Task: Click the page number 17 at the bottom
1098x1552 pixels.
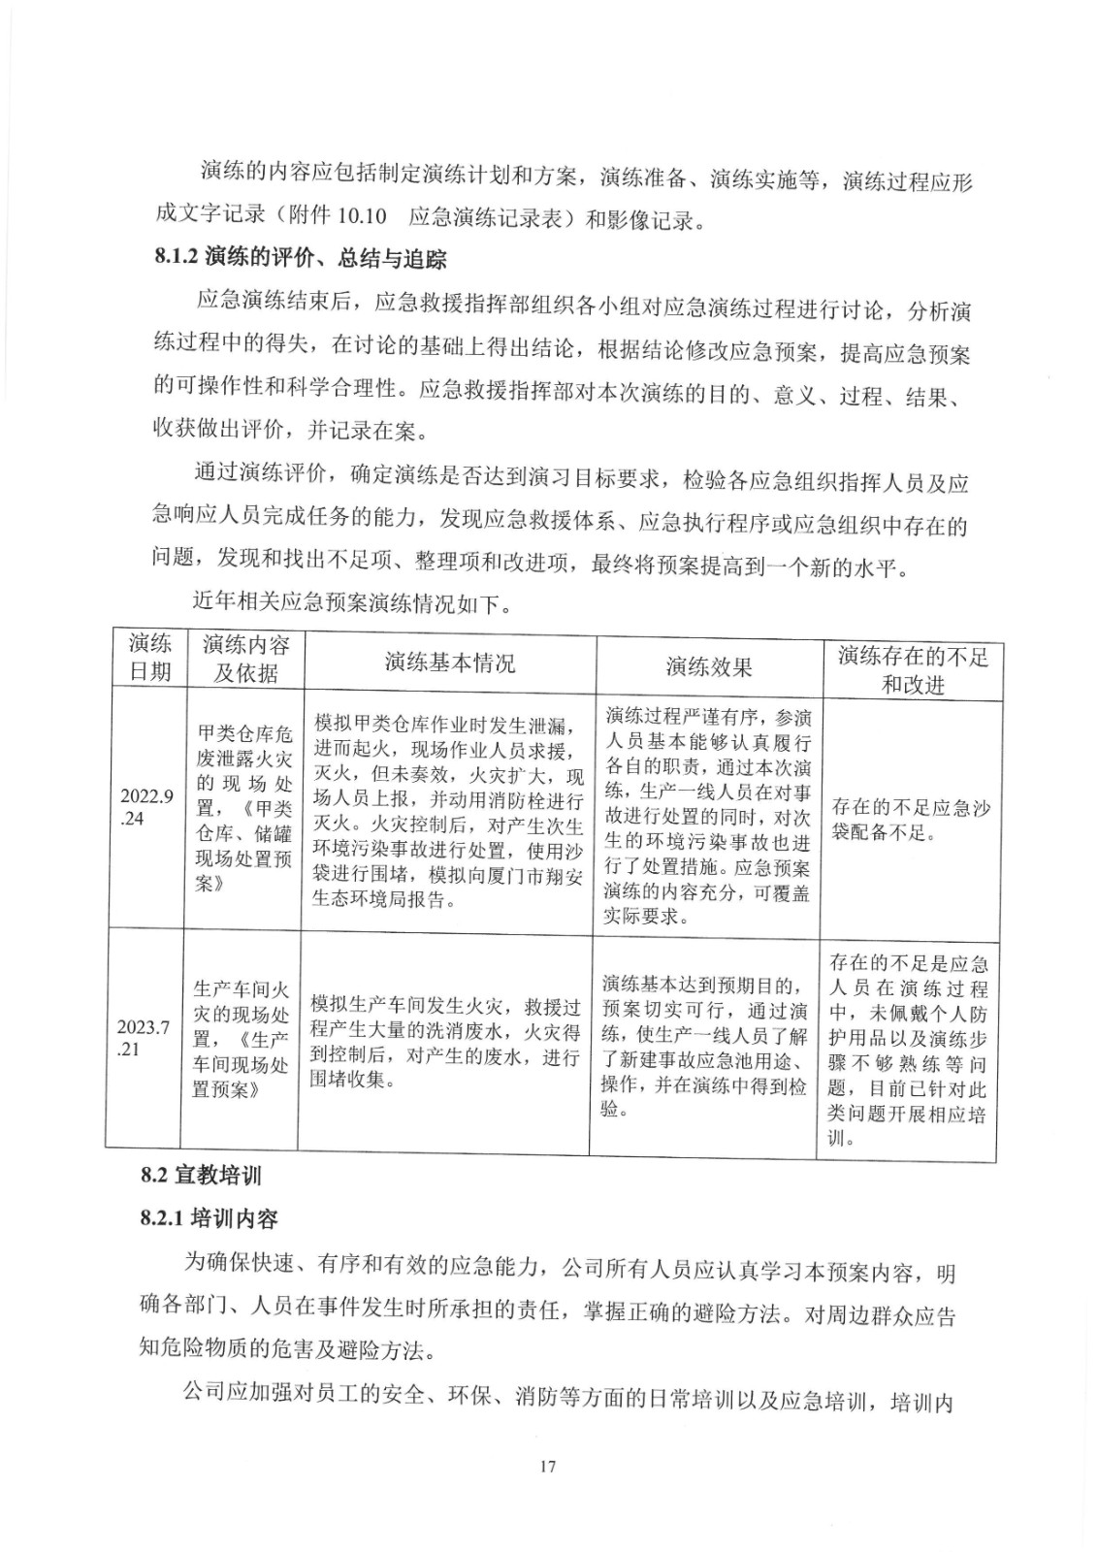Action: click(x=547, y=1465)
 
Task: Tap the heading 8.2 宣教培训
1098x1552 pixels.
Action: click(x=201, y=1175)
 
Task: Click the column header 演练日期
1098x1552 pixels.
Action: click(x=149, y=657)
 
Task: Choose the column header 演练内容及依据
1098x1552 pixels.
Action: click(x=245, y=659)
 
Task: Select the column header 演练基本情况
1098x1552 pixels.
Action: click(x=449, y=663)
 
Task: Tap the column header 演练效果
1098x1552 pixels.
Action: click(x=708, y=666)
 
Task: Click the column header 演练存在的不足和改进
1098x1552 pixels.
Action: click(x=912, y=670)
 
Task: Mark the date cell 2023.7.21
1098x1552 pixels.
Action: click(x=144, y=1038)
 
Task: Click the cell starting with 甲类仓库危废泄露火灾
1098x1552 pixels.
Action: click(x=243, y=808)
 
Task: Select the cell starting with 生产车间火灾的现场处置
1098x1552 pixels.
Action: click(x=241, y=1039)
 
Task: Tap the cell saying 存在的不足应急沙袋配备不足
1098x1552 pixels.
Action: click(x=911, y=821)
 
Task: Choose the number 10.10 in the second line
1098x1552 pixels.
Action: click(x=365, y=217)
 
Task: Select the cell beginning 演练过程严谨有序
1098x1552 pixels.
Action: click(x=707, y=816)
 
